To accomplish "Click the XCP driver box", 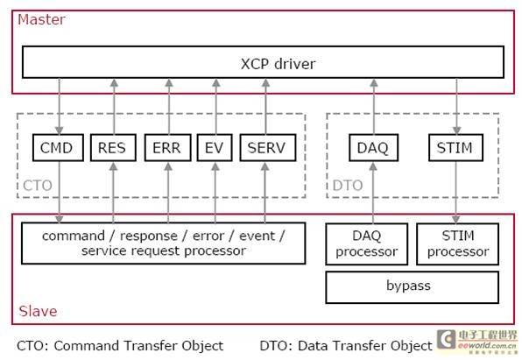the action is tap(263, 62).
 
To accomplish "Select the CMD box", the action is tap(58, 147).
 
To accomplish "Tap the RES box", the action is tap(113, 147).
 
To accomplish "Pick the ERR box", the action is tap(168, 147).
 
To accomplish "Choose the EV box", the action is tap(215, 147).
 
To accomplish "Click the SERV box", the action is tap(268, 147).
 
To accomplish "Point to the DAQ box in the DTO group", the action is tap(373, 147).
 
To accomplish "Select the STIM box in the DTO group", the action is tap(455, 147).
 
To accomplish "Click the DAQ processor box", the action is tap(366, 244).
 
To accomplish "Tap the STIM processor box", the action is tap(458, 244).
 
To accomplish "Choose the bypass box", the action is tap(413, 287).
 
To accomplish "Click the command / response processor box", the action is tap(164, 244).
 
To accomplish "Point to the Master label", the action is tap(41, 19).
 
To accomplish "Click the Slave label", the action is tap(38, 311).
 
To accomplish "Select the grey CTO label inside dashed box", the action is tap(38, 186).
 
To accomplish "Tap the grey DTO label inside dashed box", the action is tap(348, 186).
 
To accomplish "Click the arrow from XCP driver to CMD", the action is tap(60, 106).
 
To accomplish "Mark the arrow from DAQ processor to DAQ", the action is tap(373, 193).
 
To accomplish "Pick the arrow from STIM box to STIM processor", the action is tap(456, 193).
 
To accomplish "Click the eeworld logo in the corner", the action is tap(477, 341).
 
